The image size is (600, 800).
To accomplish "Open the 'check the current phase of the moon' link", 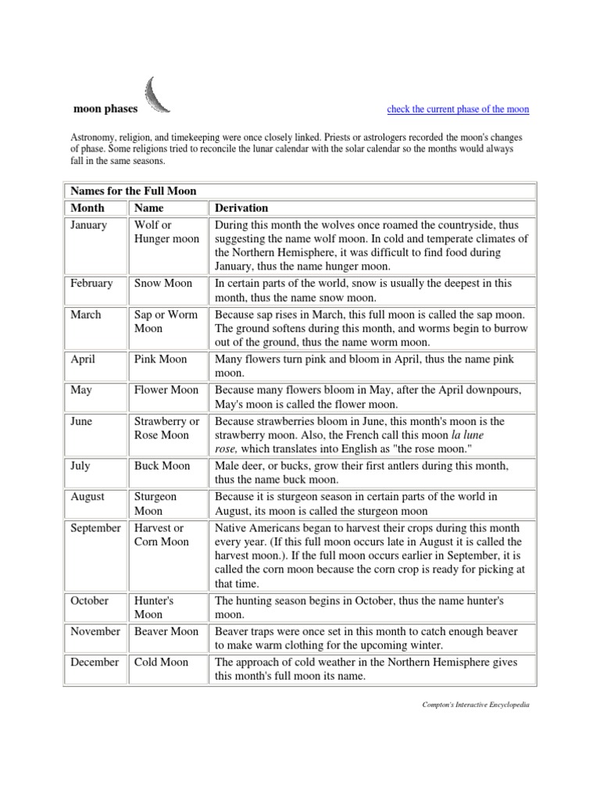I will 458,109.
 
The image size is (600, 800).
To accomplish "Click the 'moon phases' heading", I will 105,109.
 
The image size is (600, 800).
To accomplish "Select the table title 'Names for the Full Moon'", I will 134,191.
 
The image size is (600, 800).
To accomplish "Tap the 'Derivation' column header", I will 241,208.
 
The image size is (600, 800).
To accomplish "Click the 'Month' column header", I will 87,208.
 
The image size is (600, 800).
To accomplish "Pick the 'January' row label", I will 89,225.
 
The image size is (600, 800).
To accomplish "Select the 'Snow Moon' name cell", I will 162,284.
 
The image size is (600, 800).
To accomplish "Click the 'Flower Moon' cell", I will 166,390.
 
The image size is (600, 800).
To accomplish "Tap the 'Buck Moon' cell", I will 162,466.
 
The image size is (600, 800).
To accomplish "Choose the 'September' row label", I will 95,528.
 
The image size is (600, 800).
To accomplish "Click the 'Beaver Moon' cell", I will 166,631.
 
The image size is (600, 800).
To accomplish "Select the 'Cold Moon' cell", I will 162,662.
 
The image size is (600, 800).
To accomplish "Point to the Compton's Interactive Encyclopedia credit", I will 475,705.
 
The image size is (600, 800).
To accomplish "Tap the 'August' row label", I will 87,497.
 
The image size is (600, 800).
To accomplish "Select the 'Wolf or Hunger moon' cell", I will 166,232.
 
